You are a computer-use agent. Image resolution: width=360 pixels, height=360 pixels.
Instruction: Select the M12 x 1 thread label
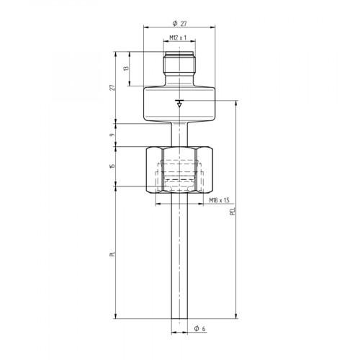(x=178, y=37)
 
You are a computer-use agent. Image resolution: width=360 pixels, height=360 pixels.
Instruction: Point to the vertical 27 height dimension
(x=112, y=86)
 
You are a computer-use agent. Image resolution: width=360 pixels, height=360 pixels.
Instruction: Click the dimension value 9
(x=112, y=135)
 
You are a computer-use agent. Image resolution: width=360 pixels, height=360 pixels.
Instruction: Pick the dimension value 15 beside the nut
(x=112, y=167)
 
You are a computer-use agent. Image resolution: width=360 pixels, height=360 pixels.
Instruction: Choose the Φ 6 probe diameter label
(x=199, y=329)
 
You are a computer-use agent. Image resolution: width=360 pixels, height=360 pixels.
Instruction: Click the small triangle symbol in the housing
(x=179, y=105)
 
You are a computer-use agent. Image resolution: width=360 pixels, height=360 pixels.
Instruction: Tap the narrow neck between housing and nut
(x=179, y=134)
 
